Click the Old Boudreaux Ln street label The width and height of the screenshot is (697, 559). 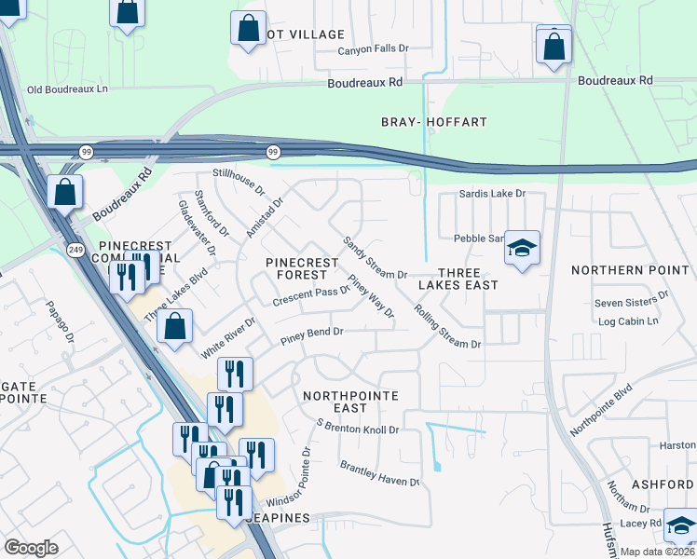[68, 89]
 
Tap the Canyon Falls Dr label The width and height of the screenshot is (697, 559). [373, 49]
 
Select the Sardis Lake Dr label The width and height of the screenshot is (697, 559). [493, 194]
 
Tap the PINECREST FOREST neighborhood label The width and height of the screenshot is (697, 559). [302, 269]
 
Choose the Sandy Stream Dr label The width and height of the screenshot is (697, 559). [375, 258]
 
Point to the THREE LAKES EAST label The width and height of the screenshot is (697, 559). [458, 277]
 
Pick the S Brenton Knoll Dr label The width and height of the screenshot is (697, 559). [358, 428]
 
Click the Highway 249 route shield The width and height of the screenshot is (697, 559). [75, 249]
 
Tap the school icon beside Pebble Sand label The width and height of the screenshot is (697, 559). [522, 248]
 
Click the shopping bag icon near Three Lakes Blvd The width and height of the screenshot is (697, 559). [174, 327]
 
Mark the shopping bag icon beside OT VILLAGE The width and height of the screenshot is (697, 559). [248, 28]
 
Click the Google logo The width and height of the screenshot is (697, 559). [31, 548]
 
